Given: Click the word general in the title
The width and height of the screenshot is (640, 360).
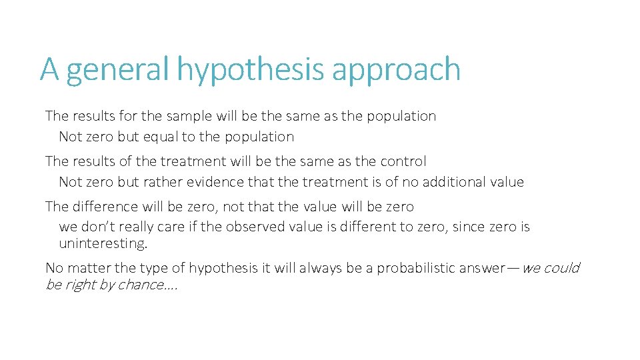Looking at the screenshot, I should (x=118, y=70).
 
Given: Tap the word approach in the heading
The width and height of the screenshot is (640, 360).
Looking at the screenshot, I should (x=397, y=70).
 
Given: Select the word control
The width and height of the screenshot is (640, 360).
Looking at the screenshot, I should (x=403, y=161).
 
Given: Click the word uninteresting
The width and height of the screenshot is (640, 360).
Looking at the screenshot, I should (x=103, y=243).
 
